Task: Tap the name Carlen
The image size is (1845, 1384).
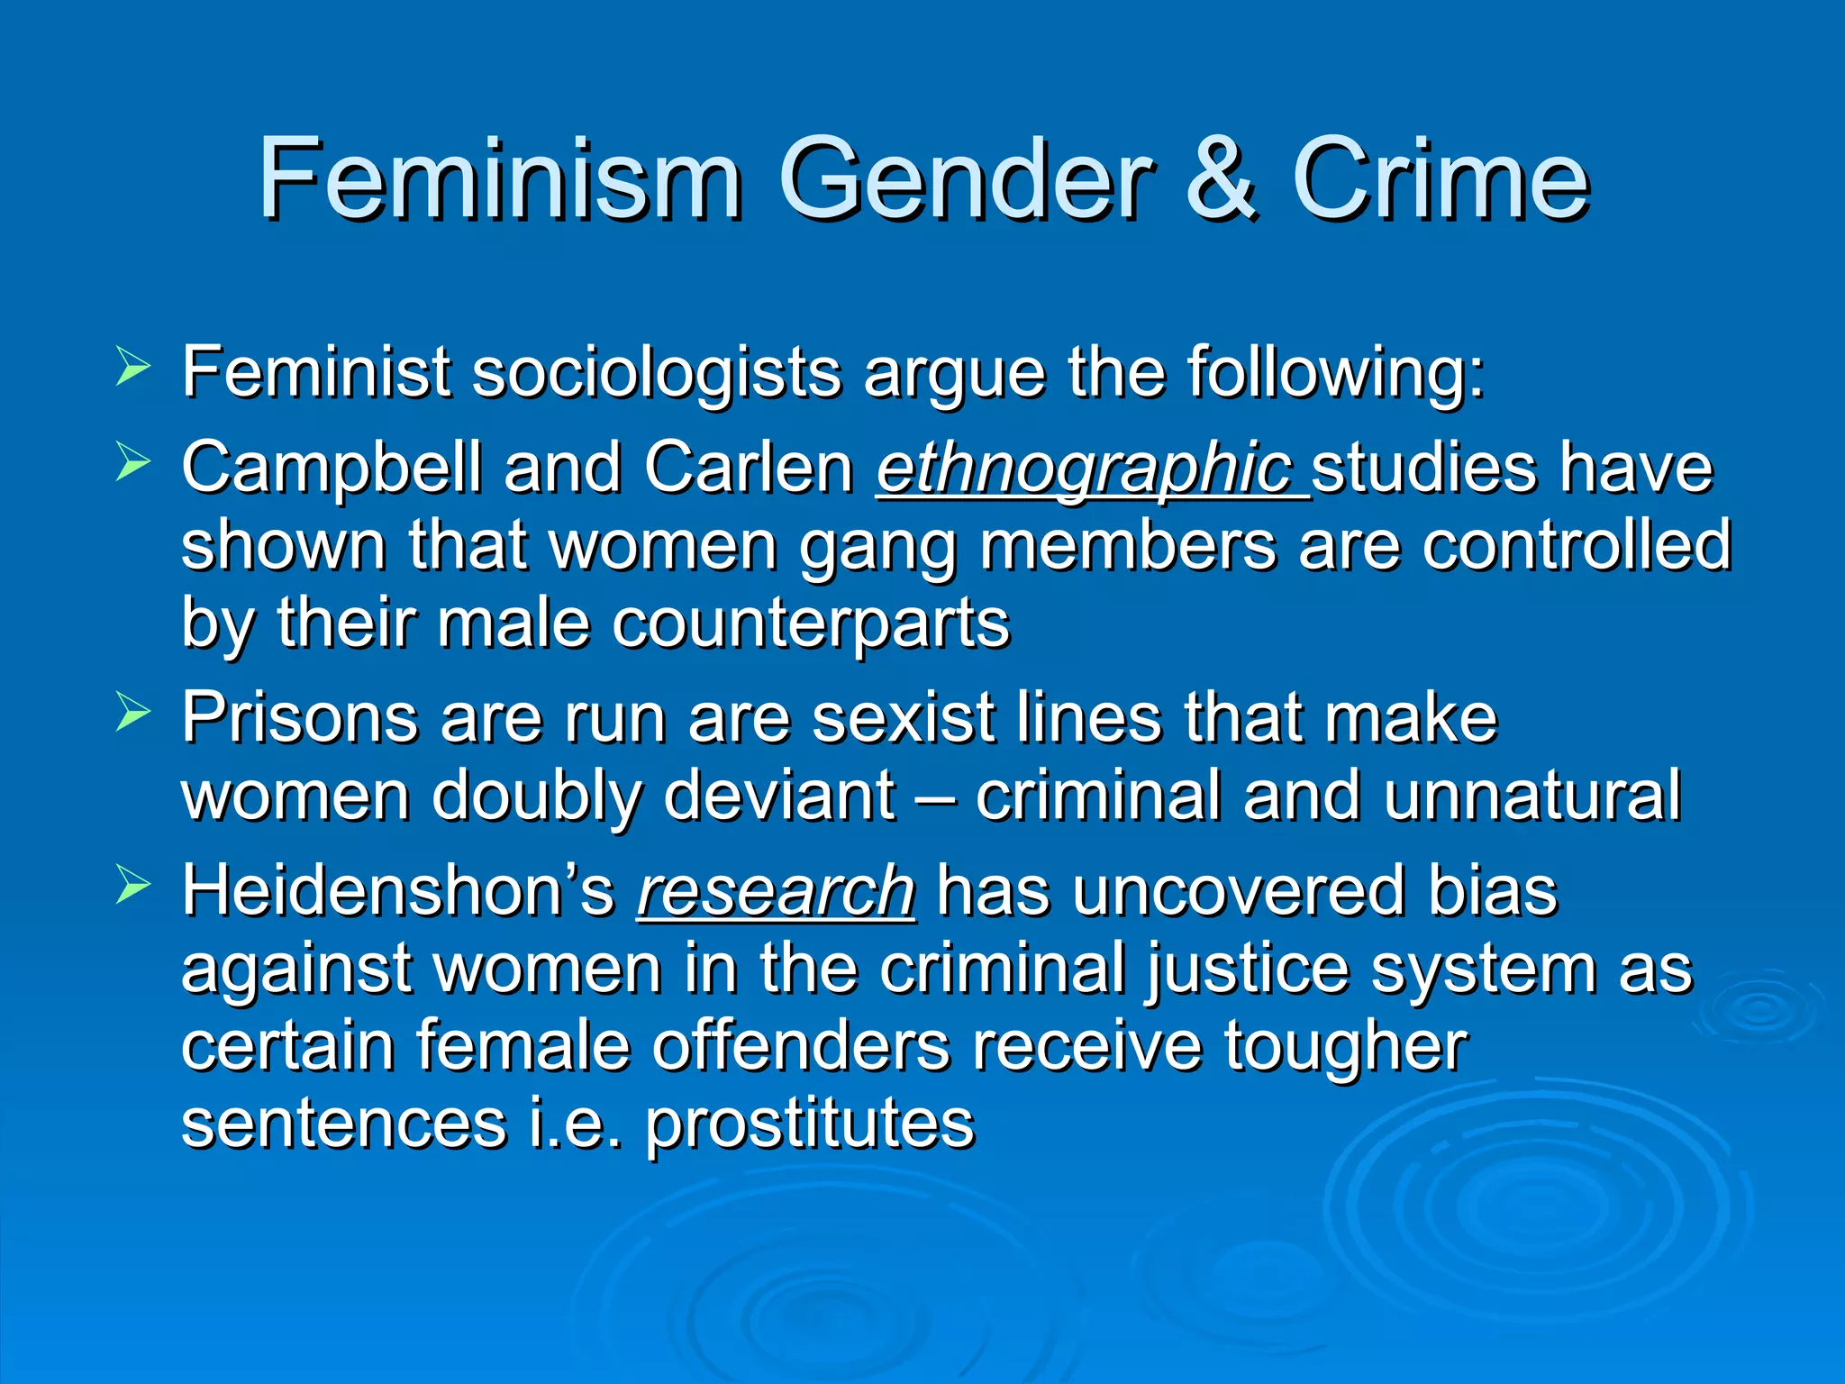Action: [749, 469]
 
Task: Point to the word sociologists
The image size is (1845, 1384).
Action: [657, 373]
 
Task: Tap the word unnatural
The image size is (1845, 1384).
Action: [1532, 797]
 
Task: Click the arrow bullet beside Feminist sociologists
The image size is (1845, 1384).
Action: [132, 369]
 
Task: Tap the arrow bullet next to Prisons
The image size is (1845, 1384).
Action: [132, 715]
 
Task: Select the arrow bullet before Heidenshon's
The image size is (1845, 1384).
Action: [132, 888]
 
